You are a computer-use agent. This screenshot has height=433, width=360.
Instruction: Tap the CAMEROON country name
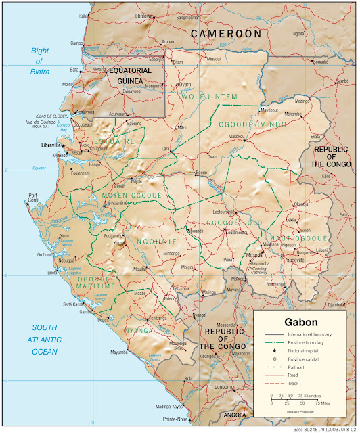click(x=225, y=33)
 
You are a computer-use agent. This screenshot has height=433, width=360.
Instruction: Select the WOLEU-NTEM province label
click(x=210, y=97)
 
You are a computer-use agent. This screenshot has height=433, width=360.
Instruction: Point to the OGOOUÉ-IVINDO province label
click(x=247, y=125)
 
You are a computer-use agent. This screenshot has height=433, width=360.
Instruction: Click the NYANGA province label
click(x=138, y=331)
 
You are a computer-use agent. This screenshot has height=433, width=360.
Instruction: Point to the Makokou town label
click(x=236, y=136)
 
